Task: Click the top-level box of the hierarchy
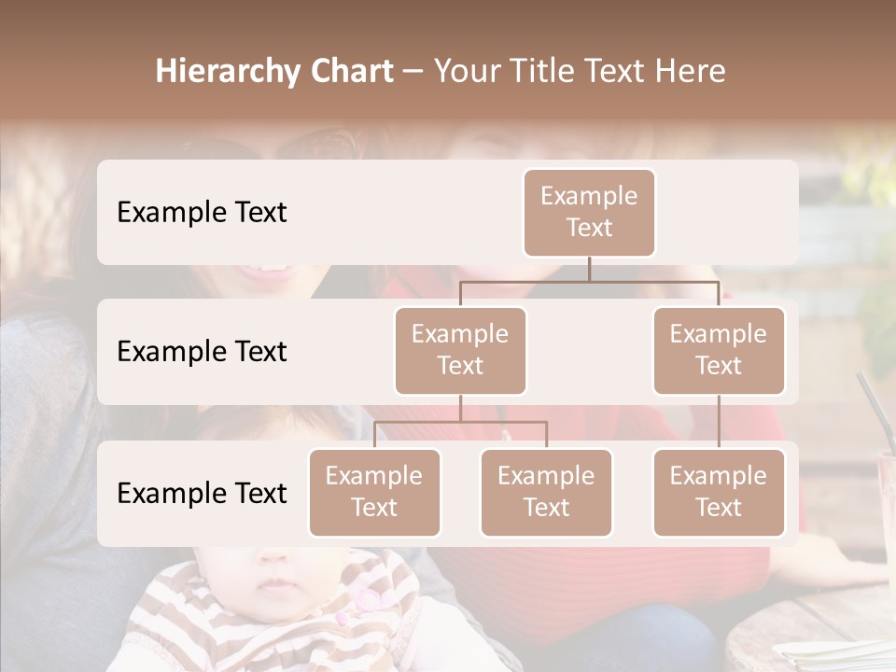589,212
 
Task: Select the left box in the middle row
460,350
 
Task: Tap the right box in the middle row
719,350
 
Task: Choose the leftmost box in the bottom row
374,492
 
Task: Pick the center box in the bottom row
546,492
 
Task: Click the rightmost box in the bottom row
719,492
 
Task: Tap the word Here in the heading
691,71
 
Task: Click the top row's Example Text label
202,213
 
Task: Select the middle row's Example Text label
202,352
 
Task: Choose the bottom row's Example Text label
202,493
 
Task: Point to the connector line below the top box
589,270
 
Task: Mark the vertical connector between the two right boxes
719,422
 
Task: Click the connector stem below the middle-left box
460,409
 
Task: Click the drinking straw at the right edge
874,411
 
